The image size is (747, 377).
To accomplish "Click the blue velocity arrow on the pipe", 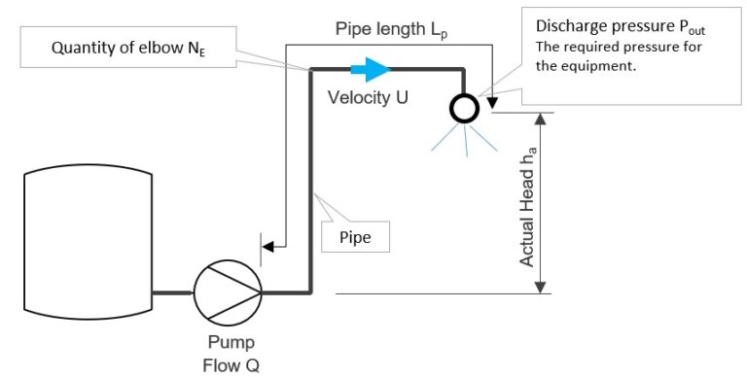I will [x=370, y=68].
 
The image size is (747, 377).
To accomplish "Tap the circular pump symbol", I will [x=228, y=292].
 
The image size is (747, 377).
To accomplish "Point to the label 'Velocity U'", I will [x=368, y=97].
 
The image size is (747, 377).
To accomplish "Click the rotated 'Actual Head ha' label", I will [x=526, y=203].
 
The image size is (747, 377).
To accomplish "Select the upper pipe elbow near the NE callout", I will [x=310, y=69].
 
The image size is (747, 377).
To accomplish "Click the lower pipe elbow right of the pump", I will [x=310, y=291].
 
